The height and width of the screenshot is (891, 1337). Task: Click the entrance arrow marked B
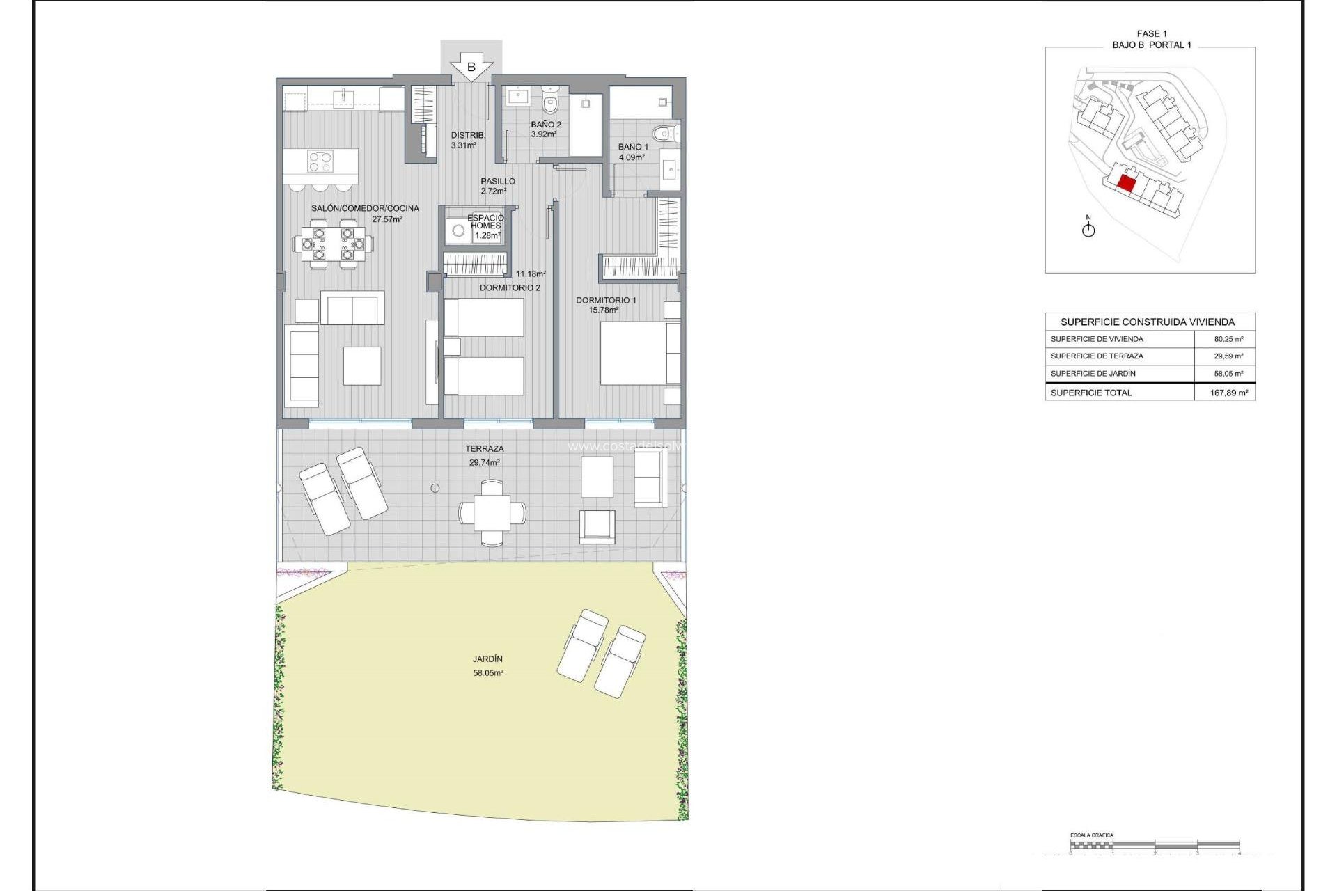[x=471, y=68]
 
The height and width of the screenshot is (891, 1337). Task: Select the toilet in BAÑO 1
[x=662, y=133]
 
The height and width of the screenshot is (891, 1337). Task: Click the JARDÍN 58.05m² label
[x=487, y=665]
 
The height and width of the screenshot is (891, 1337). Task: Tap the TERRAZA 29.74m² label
[x=484, y=455]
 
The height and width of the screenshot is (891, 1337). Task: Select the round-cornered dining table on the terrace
[x=492, y=513]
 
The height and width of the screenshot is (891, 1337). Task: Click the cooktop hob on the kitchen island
[x=320, y=161]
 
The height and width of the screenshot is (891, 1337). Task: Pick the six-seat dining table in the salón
[x=333, y=244]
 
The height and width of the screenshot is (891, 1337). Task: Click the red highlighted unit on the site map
[x=1126, y=184]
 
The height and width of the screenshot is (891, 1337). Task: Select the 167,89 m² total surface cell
[x=1228, y=393]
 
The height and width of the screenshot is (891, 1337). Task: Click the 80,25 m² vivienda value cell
[x=1228, y=339]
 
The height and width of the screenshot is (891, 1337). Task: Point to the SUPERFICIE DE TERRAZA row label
[x=1097, y=356]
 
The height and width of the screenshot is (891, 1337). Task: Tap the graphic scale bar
[x=1155, y=845]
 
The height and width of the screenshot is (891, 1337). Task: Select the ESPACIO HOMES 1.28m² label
[x=485, y=226]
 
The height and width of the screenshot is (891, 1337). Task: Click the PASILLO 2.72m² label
[x=497, y=186]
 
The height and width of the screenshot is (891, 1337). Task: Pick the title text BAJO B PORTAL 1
[x=1151, y=45]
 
